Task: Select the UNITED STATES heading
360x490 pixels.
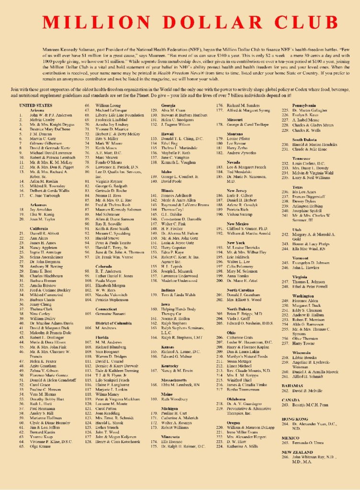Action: click(35, 105)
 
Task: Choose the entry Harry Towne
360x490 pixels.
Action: click(304, 356)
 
